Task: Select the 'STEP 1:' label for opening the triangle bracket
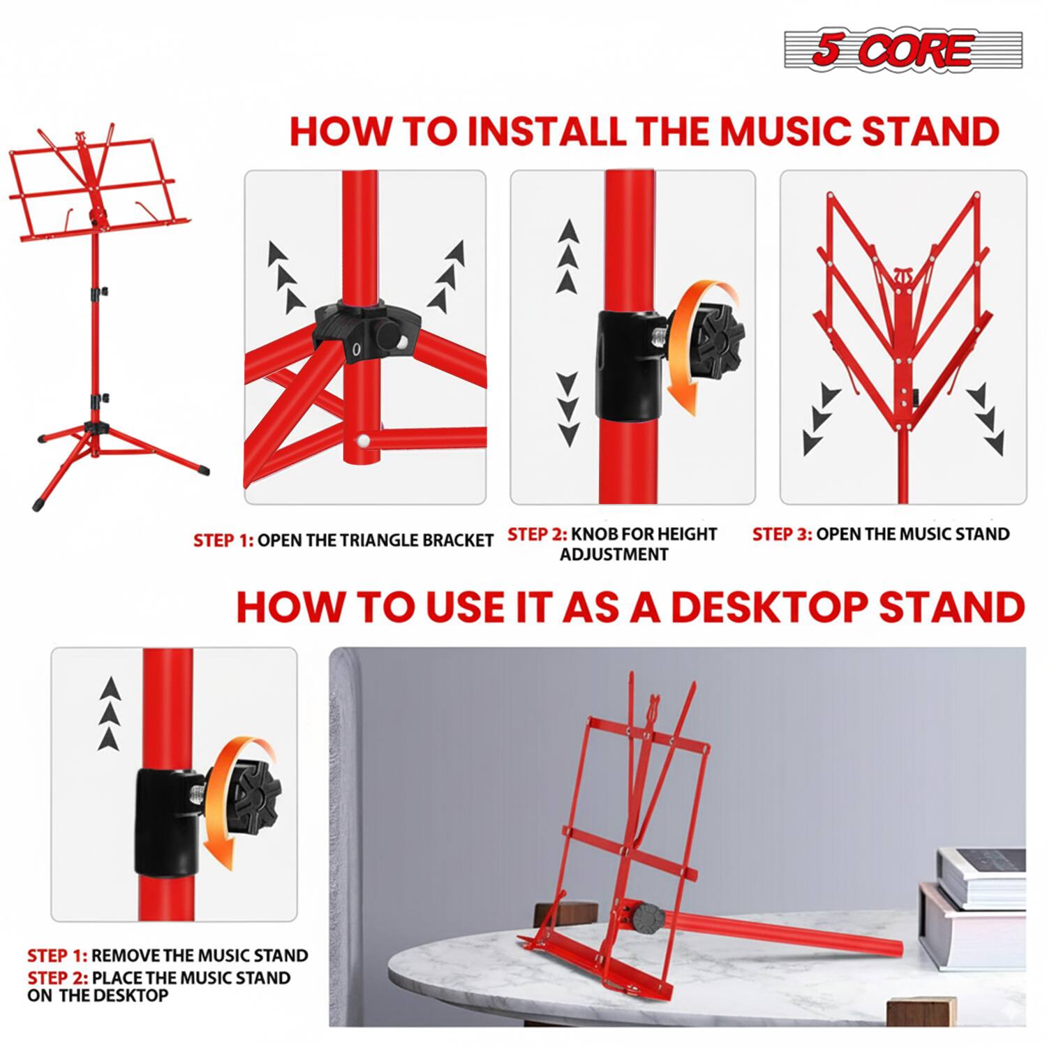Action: (x=223, y=540)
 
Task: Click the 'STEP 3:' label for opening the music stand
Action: (x=782, y=534)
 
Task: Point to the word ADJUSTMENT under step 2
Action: (x=614, y=554)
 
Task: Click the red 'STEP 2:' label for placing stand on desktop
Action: (x=58, y=978)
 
